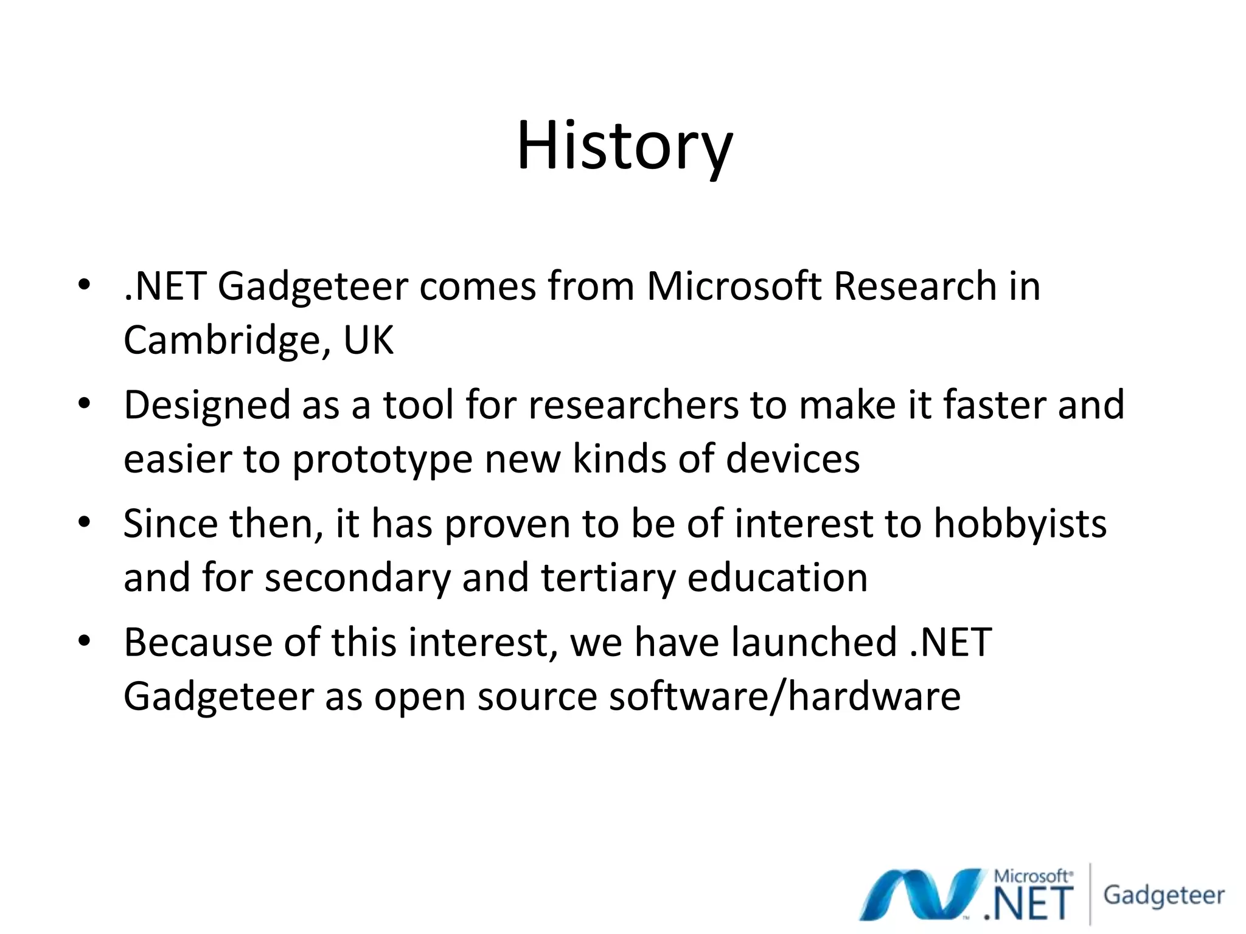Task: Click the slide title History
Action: (624, 146)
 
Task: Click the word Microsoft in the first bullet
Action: (733, 286)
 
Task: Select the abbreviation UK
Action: (369, 340)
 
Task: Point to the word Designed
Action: (207, 406)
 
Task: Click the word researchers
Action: (633, 406)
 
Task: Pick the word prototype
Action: (382, 460)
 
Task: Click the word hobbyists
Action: (1020, 524)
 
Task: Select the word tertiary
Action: (608, 578)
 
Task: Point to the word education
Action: (777, 578)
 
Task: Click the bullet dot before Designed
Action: (84, 404)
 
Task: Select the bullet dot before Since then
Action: (84, 522)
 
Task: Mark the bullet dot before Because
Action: (84, 641)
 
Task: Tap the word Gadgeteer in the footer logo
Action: (1163, 895)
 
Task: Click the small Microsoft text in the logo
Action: (1032, 876)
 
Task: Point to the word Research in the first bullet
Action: (914, 286)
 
